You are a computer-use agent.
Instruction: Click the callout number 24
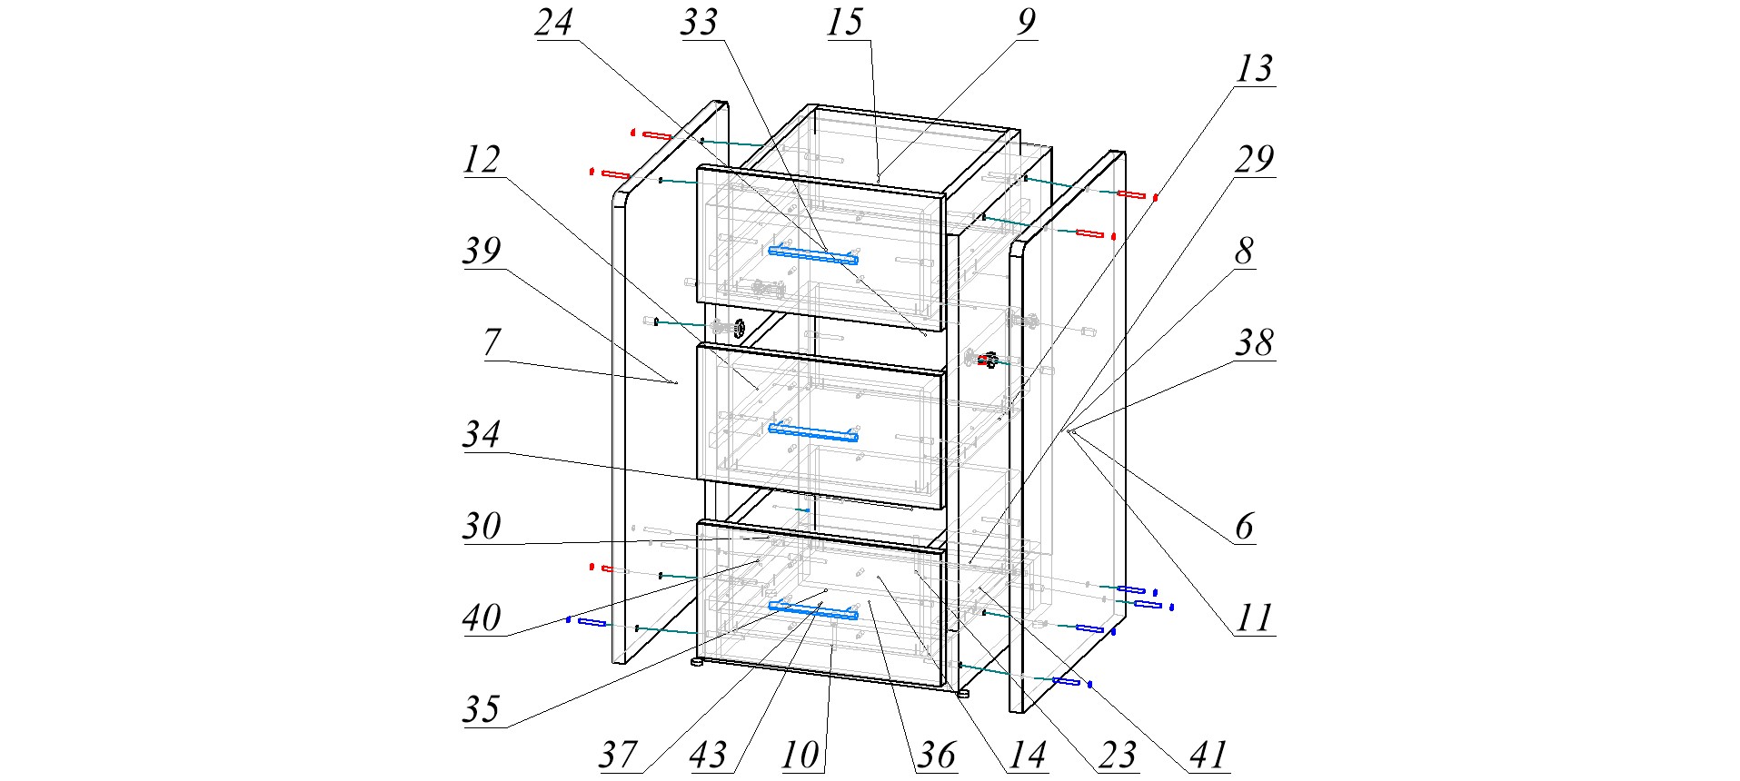click(x=553, y=23)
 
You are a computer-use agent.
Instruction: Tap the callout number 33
click(x=699, y=23)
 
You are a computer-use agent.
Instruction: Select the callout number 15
click(x=844, y=23)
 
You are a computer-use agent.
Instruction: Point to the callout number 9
click(x=1026, y=23)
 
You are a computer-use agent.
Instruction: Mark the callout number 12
click(x=482, y=160)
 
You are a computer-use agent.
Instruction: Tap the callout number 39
click(x=482, y=252)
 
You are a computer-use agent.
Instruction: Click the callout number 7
click(x=492, y=343)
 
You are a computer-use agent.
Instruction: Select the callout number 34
click(x=482, y=434)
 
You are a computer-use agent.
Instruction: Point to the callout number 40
click(x=482, y=618)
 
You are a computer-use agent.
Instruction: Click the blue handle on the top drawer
click(x=813, y=255)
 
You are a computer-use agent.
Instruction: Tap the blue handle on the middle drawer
click(x=813, y=432)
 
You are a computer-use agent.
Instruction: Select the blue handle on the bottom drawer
click(x=813, y=610)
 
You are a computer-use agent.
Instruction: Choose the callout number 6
click(x=1244, y=527)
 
